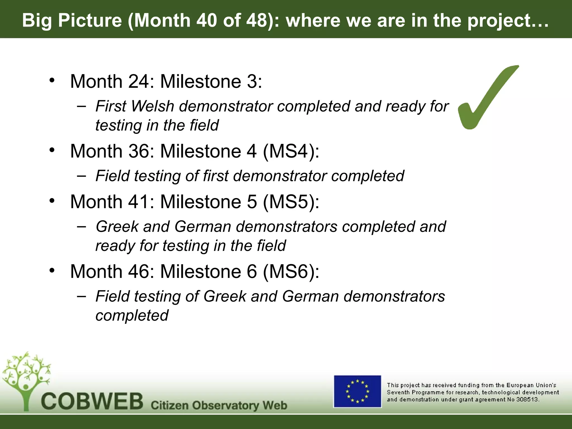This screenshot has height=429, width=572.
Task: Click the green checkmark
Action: [x=486, y=101]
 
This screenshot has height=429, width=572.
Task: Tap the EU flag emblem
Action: [x=357, y=391]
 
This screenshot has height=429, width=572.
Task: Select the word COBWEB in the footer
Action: [x=92, y=402]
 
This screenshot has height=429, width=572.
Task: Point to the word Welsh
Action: [x=152, y=106]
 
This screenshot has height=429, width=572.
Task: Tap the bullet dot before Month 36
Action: [x=52, y=150]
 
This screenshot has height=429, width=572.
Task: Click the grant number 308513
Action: [x=527, y=399]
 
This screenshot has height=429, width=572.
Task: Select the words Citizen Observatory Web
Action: [x=219, y=405]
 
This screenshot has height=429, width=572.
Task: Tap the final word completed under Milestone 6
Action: [x=132, y=315]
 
